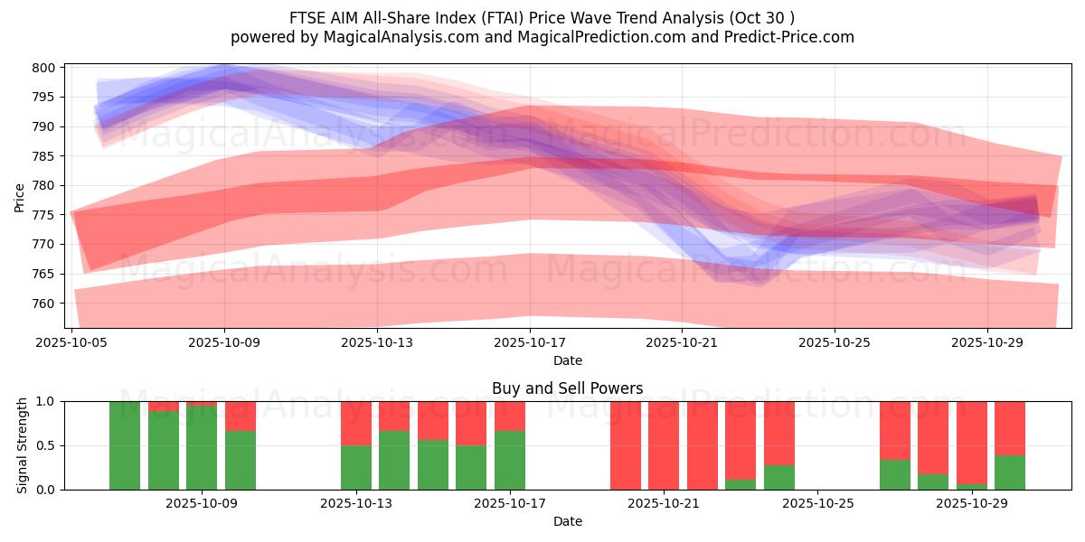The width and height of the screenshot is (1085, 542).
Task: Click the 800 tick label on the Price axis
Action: click(x=46, y=68)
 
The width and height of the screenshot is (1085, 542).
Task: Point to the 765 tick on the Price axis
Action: click(x=46, y=274)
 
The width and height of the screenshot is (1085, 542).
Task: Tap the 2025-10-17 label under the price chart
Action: click(x=530, y=343)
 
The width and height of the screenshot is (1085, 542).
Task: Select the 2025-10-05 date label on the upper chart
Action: click(x=72, y=343)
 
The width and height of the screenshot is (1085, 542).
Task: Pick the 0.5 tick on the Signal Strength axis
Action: click(x=45, y=445)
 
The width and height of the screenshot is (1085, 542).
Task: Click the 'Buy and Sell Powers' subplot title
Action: click(x=567, y=388)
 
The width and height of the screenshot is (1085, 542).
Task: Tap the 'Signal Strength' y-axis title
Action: click(x=23, y=445)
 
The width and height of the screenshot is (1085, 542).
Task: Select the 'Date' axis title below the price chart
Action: click(x=567, y=360)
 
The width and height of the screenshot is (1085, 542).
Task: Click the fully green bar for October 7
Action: click(x=125, y=445)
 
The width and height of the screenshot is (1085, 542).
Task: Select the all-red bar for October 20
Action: click(x=626, y=445)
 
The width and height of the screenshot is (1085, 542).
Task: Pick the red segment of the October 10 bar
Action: click(x=241, y=416)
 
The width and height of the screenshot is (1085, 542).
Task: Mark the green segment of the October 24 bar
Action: click(x=779, y=477)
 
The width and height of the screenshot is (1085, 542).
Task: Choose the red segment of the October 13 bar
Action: click(x=356, y=423)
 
